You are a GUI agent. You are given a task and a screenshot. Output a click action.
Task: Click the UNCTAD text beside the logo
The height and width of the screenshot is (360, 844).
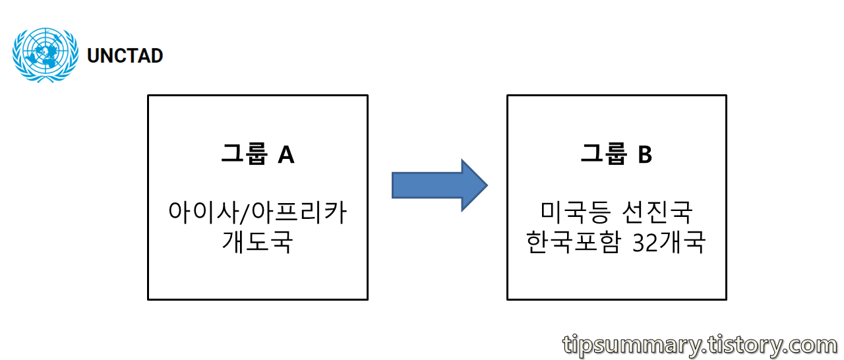pos(125,56)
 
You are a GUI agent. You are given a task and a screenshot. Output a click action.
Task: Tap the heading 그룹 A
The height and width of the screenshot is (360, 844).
pos(257,154)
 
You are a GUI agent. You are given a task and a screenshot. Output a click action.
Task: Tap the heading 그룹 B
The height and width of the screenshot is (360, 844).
pos(617,154)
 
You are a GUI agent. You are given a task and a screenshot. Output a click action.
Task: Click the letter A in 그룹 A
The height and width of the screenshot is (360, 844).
pos(286,154)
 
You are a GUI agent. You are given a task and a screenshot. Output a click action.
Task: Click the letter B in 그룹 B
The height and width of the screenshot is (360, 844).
pos(644,154)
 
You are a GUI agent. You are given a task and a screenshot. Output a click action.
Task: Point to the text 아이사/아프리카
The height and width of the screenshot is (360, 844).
pos(257,213)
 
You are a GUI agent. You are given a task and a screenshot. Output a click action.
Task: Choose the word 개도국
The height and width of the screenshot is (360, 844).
pos(257,242)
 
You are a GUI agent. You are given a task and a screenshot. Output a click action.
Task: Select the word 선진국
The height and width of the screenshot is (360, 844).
pos(657,213)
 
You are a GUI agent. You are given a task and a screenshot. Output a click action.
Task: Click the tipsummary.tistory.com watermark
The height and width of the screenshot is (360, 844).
pos(700,345)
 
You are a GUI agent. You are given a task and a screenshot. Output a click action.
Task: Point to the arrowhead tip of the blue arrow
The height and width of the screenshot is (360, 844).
pos(486,185)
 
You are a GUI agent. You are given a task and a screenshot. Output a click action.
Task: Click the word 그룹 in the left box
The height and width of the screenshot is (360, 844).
pos(243,154)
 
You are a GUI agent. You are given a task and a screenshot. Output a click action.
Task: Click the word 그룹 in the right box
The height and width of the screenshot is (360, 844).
pos(602,154)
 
